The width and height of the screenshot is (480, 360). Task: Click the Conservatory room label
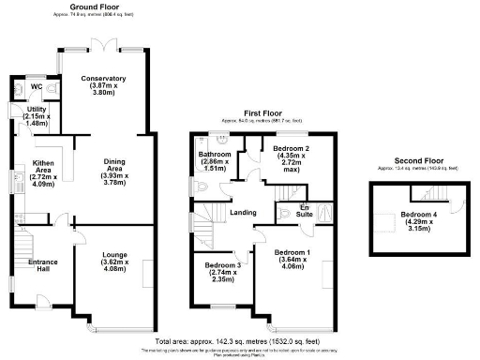point(103,79)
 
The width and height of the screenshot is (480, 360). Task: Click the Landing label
point(244,213)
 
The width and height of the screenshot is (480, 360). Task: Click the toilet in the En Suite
point(285,213)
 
